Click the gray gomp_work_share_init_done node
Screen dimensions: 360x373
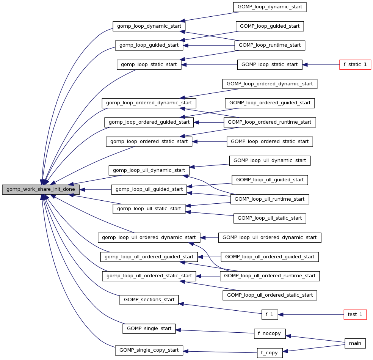point(41,190)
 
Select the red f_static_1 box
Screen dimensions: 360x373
point(355,64)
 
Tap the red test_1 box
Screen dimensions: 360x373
point(355,314)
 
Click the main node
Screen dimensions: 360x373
point(355,343)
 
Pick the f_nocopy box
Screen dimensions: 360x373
point(269,334)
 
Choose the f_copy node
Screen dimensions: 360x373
point(269,353)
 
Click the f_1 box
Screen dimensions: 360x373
point(270,314)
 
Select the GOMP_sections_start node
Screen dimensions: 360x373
point(149,300)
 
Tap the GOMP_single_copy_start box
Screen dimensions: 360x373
point(149,350)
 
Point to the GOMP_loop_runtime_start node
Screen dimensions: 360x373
point(270,45)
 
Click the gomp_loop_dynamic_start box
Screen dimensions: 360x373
point(149,26)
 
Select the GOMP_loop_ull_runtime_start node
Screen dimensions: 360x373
point(270,199)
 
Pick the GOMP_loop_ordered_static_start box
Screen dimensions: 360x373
point(270,141)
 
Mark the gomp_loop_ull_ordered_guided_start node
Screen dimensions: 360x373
point(149,257)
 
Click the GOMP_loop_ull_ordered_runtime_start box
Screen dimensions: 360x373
point(270,276)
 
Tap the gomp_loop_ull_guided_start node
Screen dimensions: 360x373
point(149,189)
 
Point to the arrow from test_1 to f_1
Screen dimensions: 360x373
point(311,314)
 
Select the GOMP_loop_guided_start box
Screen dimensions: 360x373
point(270,26)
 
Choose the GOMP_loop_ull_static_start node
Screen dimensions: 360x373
point(270,218)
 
